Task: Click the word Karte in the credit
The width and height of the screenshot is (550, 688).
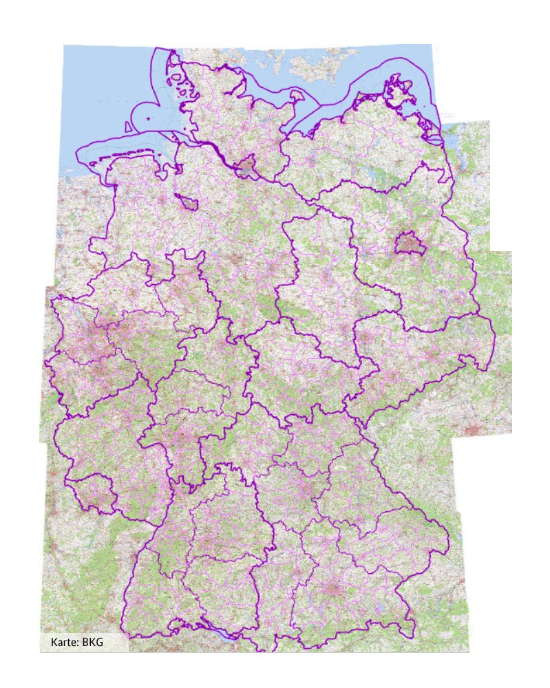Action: (64, 643)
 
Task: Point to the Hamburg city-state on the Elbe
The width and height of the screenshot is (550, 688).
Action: (247, 166)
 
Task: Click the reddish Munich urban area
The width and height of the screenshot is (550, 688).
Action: (333, 590)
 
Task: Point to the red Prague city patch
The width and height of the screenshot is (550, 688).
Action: (474, 430)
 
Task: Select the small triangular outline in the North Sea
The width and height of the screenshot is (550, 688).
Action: (128, 125)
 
